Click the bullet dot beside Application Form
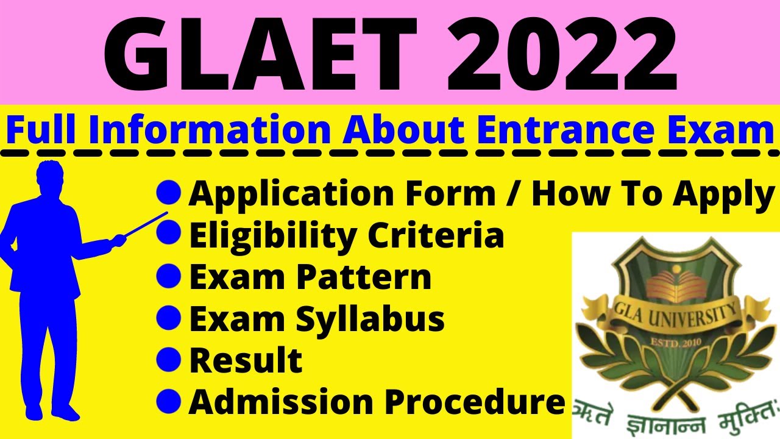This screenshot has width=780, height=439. (169, 193)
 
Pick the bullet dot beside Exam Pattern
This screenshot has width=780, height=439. (169, 276)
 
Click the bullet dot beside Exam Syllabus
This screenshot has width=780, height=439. (169, 318)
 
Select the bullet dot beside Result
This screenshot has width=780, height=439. (169, 359)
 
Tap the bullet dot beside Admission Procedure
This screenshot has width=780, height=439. (169, 401)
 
